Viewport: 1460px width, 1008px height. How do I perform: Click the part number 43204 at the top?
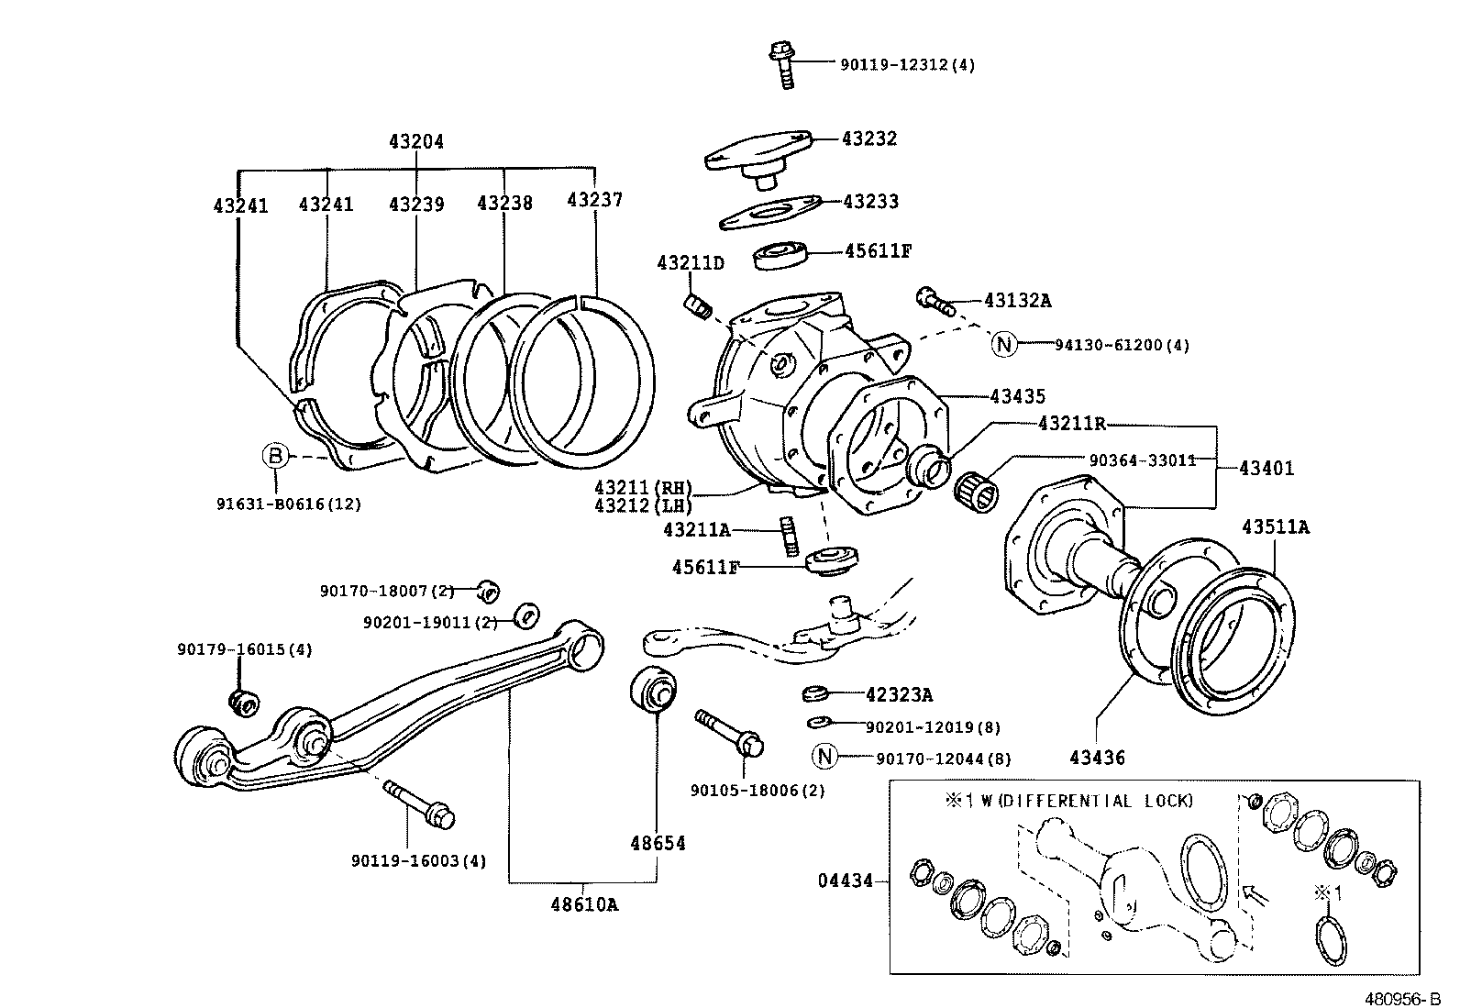pyautogui.click(x=415, y=141)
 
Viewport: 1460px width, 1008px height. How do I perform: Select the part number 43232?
pyautogui.click(x=868, y=138)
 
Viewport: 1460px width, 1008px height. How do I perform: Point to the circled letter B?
pyautogui.click(x=276, y=454)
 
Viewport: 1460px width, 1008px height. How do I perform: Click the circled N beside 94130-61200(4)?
pyautogui.click(x=1004, y=345)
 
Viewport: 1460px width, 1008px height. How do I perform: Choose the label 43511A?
pyautogui.click(x=1275, y=526)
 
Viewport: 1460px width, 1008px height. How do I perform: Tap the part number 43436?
pyautogui.click(x=1097, y=758)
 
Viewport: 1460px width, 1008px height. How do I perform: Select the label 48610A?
pyautogui.click(x=584, y=904)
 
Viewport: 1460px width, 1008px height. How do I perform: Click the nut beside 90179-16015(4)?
pyautogui.click(x=243, y=702)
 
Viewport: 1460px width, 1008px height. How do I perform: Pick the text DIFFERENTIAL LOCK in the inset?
pyautogui.click(x=1095, y=801)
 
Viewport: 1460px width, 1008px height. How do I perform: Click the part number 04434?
pyautogui.click(x=845, y=881)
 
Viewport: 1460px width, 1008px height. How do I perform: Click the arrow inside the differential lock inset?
pyautogui.click(x=1252, y=892)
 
